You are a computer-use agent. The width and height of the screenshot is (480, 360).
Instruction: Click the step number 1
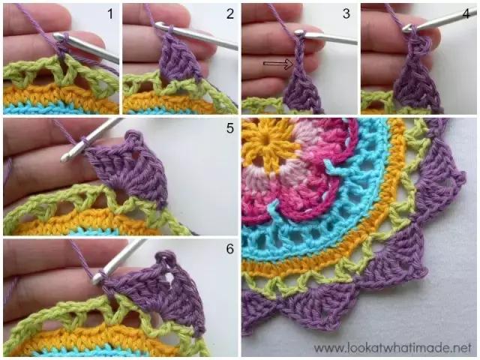110,14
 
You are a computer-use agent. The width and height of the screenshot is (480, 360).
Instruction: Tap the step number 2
230,14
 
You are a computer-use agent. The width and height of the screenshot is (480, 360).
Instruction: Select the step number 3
346,13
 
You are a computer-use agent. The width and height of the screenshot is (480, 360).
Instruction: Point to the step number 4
466,13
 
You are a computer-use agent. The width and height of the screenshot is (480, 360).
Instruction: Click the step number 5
230,128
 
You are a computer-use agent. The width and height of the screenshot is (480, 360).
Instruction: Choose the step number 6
230,249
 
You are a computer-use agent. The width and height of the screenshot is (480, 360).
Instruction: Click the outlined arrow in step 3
278,64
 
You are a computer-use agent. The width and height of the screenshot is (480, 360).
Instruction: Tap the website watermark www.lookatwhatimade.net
392,347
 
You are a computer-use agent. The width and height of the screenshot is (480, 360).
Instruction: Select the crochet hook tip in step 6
97,278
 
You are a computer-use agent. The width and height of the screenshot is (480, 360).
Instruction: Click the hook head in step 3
298,32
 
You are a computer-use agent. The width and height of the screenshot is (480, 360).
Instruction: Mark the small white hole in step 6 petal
169,277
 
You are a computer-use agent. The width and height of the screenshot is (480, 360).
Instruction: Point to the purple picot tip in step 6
166,256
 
